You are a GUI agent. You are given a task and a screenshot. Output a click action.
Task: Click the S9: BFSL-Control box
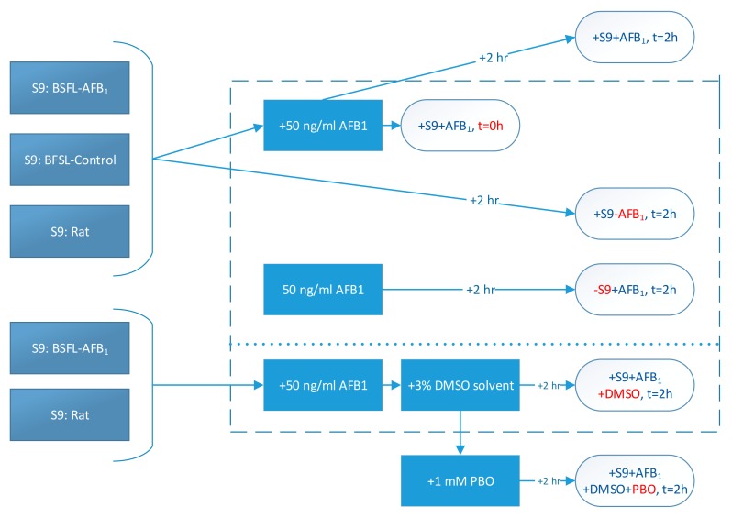[70, 160]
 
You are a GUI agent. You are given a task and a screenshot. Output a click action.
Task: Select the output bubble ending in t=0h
[460, 125]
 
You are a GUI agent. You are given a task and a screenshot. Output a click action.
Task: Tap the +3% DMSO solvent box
[460, 385]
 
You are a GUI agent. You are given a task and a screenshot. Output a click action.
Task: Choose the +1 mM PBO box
[460, 480]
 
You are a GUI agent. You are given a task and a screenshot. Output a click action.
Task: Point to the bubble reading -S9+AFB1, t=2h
[635, 290]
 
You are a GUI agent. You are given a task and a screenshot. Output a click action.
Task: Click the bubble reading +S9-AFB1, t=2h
[635, 214]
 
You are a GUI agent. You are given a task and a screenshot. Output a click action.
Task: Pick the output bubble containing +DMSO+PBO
[635, 480]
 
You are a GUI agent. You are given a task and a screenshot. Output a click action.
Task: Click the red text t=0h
[490, 126]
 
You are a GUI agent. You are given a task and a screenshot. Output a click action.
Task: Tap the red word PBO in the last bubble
[643, 490]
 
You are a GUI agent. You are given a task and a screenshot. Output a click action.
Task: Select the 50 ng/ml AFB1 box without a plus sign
[323, 290]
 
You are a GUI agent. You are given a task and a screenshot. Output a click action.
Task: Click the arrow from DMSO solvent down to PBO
[460, 433]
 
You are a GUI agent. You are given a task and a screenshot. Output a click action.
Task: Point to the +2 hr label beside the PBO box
[549, 481]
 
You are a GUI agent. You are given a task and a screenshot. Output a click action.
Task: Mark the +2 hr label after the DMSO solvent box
[549, 385]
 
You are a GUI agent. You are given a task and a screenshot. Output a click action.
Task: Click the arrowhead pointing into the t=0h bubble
[396, 125]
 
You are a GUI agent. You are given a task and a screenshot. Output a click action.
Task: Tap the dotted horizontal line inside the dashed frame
[474, 344]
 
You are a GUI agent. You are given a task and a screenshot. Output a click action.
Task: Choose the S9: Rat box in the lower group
[70, 415]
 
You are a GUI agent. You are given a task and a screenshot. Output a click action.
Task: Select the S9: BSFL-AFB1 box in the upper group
[70, 88]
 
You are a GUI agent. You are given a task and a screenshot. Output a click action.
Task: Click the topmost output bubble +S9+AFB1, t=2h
[635, 38]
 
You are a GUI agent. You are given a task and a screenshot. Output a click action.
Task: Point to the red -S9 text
[603, 290]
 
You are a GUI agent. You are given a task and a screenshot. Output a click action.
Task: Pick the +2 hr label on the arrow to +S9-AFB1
[484, 200]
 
